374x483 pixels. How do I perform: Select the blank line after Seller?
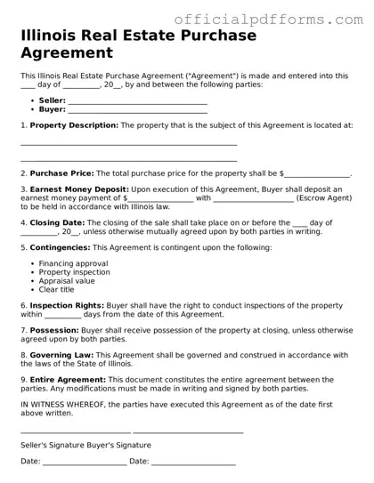[137, 101]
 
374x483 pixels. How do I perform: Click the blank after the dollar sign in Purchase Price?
[317, 173]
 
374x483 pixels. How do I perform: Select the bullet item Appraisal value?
[68, 281]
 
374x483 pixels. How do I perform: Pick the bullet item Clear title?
[57, 289]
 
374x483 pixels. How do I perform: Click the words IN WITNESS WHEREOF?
[62, 404]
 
